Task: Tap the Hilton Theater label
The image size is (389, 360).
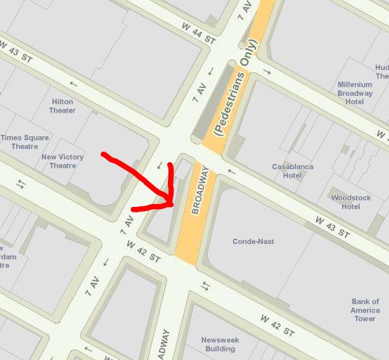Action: coord(62,106)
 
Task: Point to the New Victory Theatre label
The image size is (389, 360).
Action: coord(62,161)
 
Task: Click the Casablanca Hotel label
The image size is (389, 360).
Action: coord(292,171)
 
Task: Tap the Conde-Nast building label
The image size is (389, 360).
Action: coord(253,241)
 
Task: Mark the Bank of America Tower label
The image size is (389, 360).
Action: coord(365,310)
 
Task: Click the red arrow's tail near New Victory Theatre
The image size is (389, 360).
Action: coord(104,154)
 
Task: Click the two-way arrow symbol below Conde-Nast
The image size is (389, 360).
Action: coord(205,286)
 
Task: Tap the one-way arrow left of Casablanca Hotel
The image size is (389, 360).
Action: coord(232,171)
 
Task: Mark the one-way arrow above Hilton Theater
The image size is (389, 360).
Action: coord(74,85)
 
